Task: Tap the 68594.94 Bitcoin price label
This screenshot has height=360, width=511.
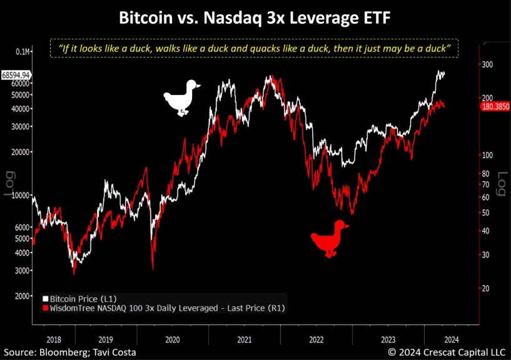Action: click(x=16, y=74)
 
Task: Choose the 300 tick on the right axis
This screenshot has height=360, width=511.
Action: click(x=486, y=64)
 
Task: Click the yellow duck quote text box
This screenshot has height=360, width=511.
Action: click(x=255, y=48)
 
